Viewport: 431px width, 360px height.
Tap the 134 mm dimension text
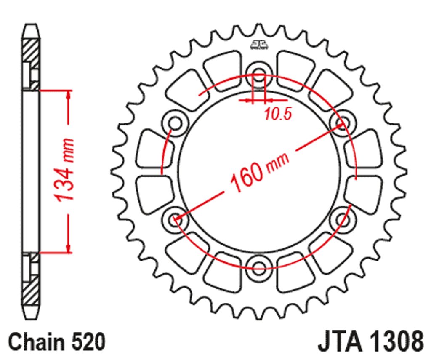(64, 169)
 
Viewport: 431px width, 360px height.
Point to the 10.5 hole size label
(278, 114)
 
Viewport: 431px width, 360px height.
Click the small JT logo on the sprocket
(259, 45)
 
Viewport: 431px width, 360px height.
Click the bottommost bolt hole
(259, 268)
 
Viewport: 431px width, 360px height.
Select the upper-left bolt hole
(175, 123)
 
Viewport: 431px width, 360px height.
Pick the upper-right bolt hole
(343, 123)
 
